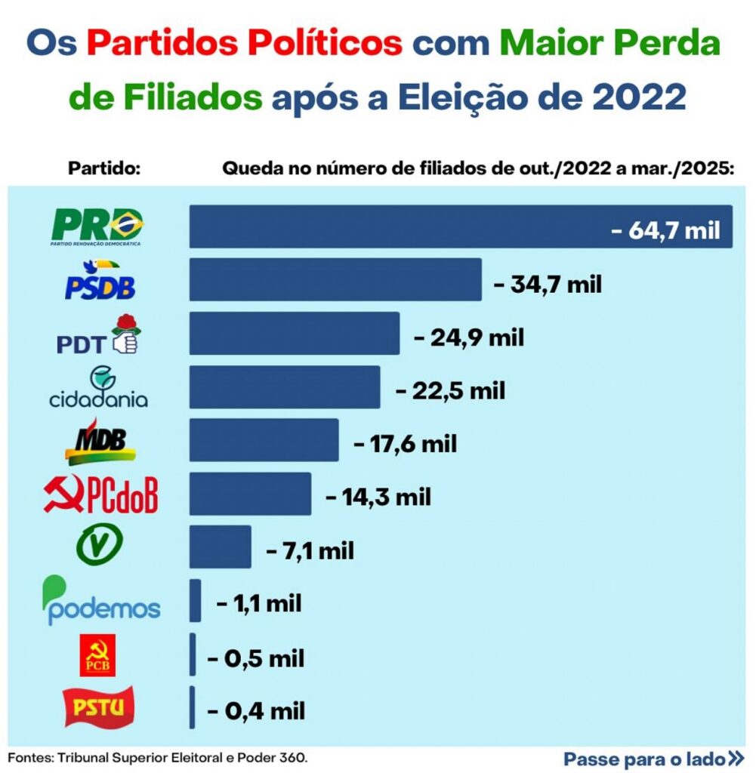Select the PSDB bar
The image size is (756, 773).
(x=335, y=280)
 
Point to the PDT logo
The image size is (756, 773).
(x=99, y=336)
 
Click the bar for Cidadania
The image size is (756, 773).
(x=284, y=387)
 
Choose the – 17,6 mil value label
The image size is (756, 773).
(x=406, y=443)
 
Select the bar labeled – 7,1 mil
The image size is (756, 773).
(x=220, y=547)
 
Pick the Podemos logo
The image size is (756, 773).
(x=101, y=602)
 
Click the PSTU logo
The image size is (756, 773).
(x=100, y=707)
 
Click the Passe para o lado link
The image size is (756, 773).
(x=653, y=758)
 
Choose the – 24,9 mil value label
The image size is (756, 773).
(x=469, y=337)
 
